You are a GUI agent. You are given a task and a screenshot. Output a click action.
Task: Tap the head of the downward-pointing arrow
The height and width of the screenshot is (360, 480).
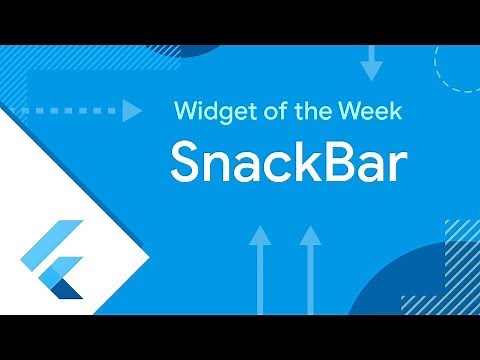pyautogui.click(x=371, y=71)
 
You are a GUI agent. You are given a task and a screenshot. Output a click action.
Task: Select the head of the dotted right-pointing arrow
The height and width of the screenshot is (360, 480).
pyautogui.click(x=131, y=110)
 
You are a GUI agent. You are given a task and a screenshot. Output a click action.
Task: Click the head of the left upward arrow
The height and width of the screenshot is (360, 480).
pyautogui.click(x=260, y=236)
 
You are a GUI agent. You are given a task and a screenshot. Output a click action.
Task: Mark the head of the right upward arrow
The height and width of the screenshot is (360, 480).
pyautogui.click(x=310, y=236)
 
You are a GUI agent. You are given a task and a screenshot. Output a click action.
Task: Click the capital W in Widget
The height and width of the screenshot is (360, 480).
pyautogui.click(x=187, y=110)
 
